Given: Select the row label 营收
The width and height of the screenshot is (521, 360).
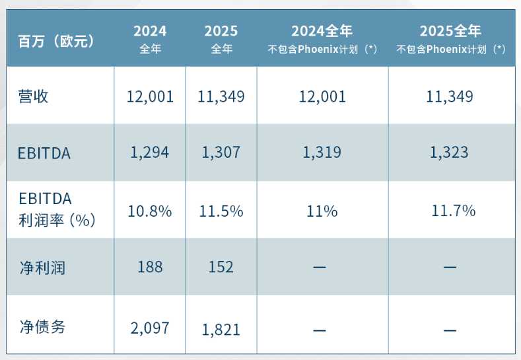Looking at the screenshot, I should point(34,96).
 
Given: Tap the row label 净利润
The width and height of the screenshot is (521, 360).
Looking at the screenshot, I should point(42,267).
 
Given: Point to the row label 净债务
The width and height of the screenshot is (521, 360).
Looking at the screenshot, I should point(42,326).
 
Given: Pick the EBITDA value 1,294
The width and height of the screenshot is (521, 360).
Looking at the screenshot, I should point(150,153).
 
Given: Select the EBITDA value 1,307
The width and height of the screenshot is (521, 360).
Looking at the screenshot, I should point(221,153).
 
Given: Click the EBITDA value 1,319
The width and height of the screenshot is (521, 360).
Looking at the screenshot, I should point(322,153).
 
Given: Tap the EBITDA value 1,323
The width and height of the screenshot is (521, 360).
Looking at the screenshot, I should point(450,153).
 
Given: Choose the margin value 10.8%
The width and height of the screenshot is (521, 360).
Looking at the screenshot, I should point(150,211).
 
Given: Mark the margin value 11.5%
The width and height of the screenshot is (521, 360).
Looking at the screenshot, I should point(221,211).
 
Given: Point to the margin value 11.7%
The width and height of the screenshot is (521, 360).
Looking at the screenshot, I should point(453,211).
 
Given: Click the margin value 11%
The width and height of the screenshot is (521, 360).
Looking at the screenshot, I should point(322,211).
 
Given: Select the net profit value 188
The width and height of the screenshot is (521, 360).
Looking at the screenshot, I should point(150,267).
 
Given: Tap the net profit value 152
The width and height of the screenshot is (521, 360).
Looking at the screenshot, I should point(221,267).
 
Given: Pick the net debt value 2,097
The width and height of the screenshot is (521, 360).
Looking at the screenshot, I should point(150,328).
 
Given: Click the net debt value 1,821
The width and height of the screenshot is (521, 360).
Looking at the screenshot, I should point(221,329).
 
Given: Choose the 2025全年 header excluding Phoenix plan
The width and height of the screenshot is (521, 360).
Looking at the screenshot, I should point(451,39).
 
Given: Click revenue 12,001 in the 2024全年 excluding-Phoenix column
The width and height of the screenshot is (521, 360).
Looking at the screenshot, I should point(322,97).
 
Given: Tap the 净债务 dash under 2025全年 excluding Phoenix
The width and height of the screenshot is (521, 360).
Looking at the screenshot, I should point(450,329).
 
